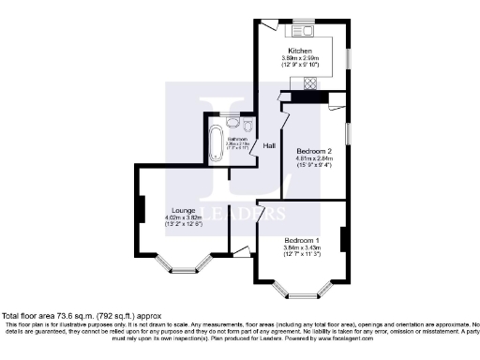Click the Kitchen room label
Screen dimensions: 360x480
point(300,51)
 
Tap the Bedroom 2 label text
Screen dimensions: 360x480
point(315,150)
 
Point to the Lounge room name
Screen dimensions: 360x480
point(183,210)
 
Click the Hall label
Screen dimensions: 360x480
point(269,146)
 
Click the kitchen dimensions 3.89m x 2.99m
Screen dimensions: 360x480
point(300,58)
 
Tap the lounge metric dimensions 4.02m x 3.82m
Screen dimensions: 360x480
point(183,217)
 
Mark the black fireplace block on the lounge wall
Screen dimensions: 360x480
point(142,210)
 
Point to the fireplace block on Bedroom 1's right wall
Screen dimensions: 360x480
point(343,240)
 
